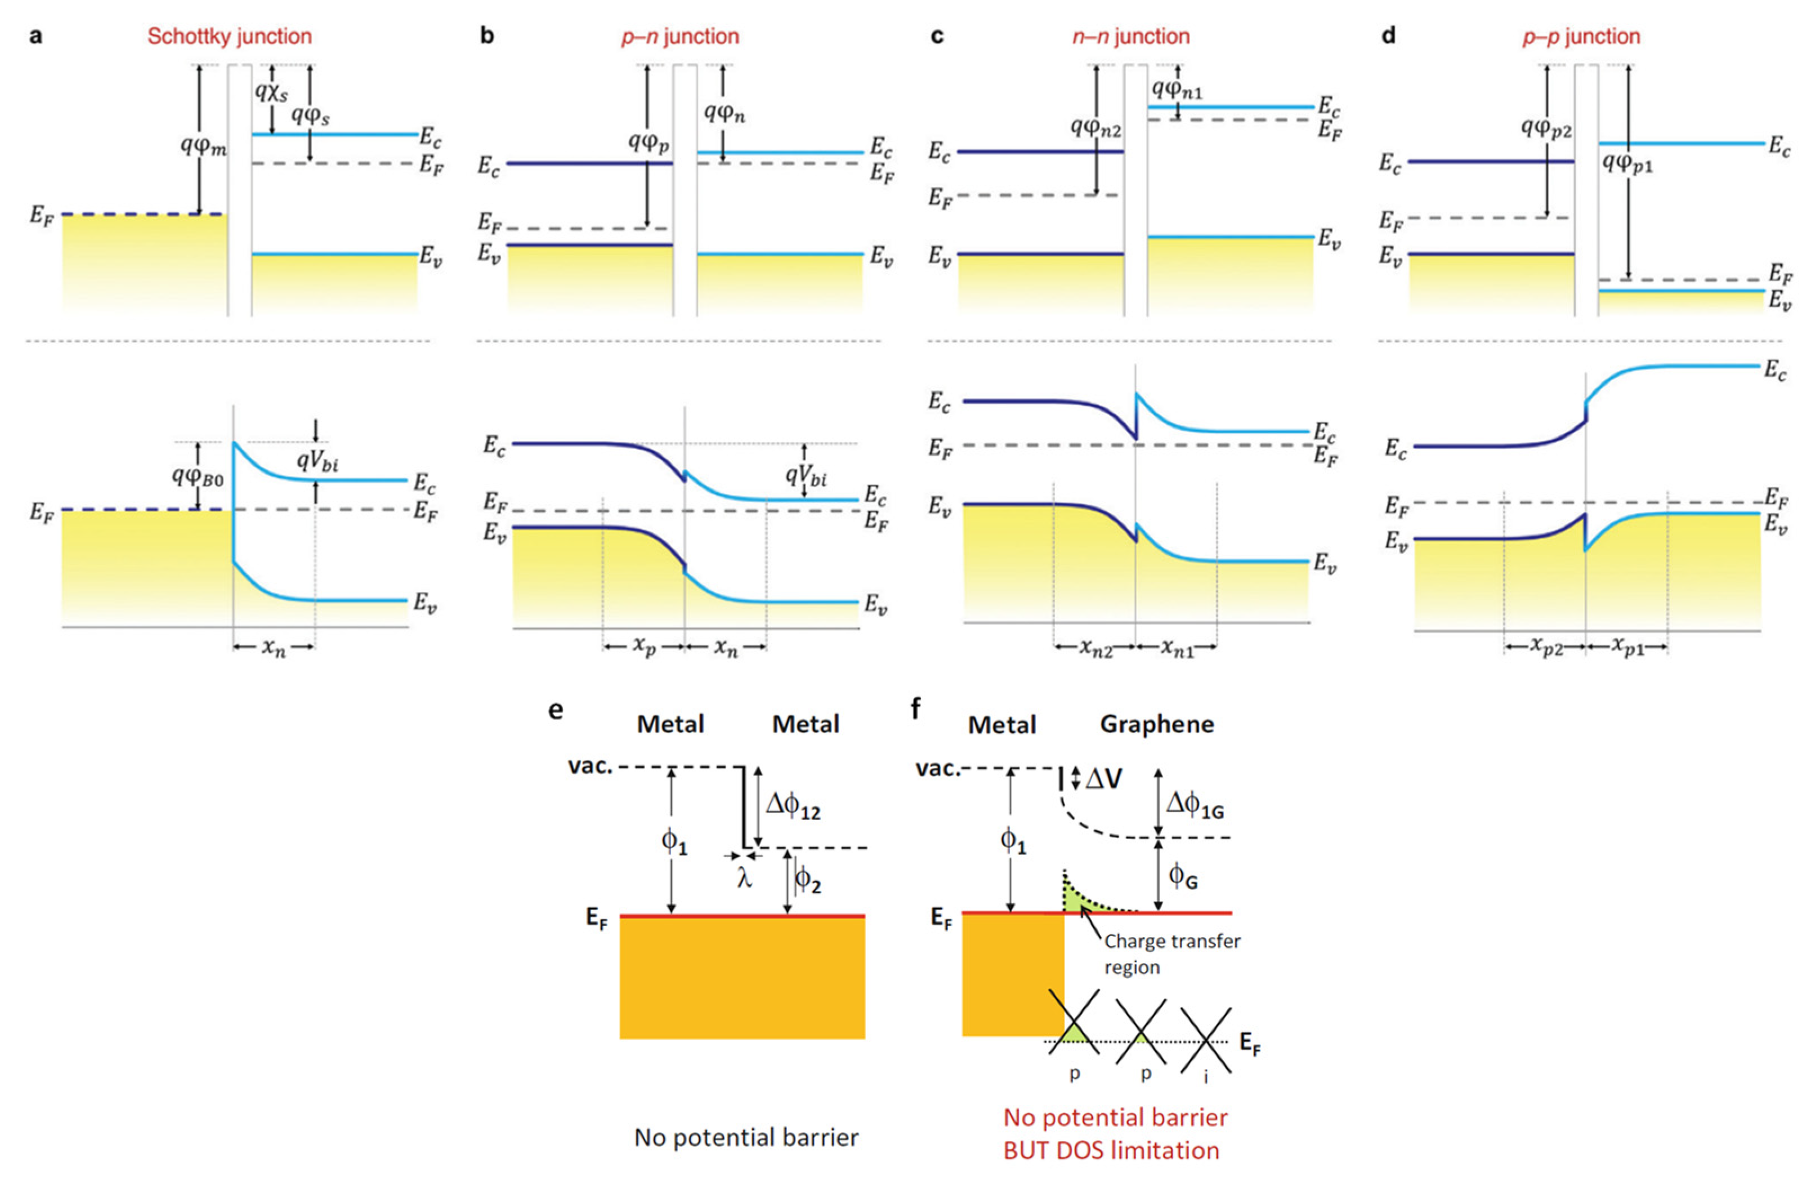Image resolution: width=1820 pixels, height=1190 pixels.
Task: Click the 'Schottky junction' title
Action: [230, 36]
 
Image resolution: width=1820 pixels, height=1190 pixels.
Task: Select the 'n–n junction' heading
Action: [1130, 36]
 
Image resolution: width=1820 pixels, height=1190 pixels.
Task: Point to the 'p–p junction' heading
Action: [1581, 36]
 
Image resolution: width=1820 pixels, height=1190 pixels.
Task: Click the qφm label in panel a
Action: [203, 145]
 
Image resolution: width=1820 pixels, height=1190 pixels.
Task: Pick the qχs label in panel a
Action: [271, 92]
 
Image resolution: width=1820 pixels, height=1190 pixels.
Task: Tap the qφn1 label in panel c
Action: [1177, 90]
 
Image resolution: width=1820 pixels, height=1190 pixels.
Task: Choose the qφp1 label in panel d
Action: [1627, 162]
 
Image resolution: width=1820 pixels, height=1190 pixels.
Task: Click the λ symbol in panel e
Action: [744, 878]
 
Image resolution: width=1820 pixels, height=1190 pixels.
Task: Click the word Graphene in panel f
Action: [1156, 724]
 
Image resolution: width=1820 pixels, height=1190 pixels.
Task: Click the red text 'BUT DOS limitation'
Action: [1111, 1150]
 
